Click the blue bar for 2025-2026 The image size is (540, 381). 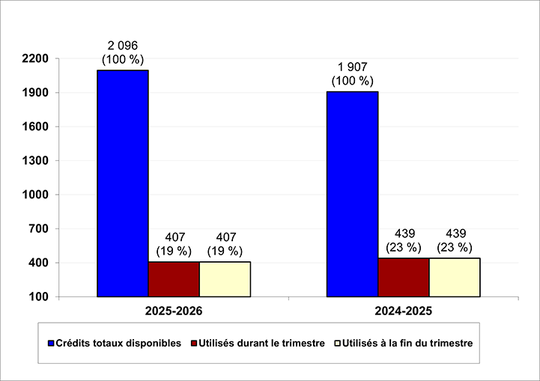click(123, 183)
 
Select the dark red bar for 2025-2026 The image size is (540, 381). click(174, 279)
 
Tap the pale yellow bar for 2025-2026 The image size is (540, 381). click(225, 279)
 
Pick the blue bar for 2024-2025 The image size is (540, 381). click(352, 194)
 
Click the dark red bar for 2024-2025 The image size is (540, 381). click(403, 277)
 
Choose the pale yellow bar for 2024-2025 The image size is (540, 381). click(454, 277)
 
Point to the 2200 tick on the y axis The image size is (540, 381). click(37, 58)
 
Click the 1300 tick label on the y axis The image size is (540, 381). click(37, 161)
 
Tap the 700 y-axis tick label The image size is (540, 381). click(40, 229)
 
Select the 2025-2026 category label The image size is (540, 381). click(174, 310)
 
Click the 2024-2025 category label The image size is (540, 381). click(403, 310)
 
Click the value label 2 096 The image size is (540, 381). click(123, 46)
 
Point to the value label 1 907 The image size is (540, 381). click(352, 67)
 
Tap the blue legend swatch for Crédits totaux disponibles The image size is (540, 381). click(51, 344)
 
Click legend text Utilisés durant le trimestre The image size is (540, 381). click(261, 344)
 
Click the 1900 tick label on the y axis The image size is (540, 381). click(37, 93)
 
